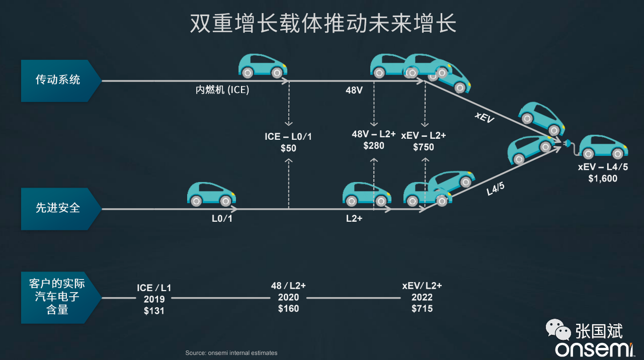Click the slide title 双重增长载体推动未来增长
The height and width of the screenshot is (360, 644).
pyautogui.click(x=323, y=24)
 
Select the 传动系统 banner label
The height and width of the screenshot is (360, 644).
pyautogui.click(x=57, y=80)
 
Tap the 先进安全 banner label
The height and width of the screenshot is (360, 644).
pyautogui.click(x=57, y=208)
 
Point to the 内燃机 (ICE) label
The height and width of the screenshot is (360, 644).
pyautogui.click(x=222, y=91)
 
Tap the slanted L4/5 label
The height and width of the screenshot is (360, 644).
pyautogui.click(x=496, y=190)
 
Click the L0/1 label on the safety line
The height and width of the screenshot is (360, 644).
pyautogui.click(x=222, y=219)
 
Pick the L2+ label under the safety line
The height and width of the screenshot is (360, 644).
pyautogui.click(x=354, y=219)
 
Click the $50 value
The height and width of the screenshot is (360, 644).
pyautogui.click(x=288, y=148)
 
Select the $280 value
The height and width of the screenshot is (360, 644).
pyautogui.click(x=373, y=146)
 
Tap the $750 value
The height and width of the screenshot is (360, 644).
pyautogui.click(x=423, y=147)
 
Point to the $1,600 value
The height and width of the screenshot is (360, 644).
pyautogui.click(x=602, y=178)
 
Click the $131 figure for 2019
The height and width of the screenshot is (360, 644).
pyautogui.click(x=154, y=311)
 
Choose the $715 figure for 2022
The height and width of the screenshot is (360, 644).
pyautogui.click(x=422, y=309)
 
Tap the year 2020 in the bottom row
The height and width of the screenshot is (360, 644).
pyautogui.click(x=288, y=297)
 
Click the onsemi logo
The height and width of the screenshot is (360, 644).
pyautogui.click(x=593, y=349)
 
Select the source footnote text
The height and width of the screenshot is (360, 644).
pyautogui.click(x=231, y=353)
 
